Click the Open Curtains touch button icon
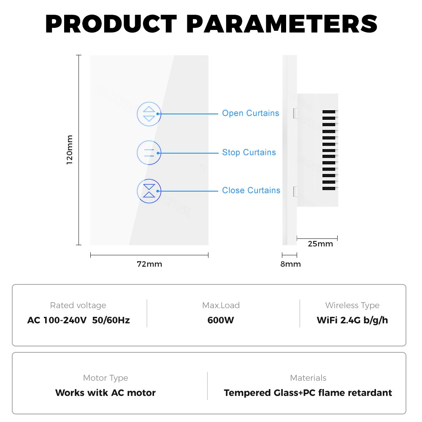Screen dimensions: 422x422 [x=149, y=114]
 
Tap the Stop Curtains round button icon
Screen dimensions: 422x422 [x=149, y=153]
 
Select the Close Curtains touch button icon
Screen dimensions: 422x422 [x=149, y=191]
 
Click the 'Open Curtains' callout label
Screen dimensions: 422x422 [x=250, y=113]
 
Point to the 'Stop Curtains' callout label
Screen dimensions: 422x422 [x=249, y=152]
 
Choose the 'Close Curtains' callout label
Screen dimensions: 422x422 [x=251, y=190]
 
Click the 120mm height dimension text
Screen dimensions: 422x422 [x=70, y=150]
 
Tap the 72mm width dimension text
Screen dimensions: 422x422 [x=149, y=264]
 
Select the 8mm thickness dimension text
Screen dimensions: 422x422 [x=290, y=264]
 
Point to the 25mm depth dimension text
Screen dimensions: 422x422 [x=320, y=244]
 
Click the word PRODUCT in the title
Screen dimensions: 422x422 [x=111, y=24]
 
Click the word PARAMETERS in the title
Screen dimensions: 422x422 [x=281, y=24]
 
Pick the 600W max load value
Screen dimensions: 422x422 [x=220, y=320]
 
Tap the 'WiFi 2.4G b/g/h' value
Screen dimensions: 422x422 [x=352, y=320]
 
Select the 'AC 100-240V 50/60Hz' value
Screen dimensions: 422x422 [x=78, y=320]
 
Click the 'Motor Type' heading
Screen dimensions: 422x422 [x=105, y=378]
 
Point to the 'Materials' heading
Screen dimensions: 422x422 [x=308, y=378]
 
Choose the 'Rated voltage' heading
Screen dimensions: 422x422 [x=78, y=306]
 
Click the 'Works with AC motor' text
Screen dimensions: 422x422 [x=105, y=392]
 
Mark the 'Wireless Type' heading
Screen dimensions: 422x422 [x=352, y=306]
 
